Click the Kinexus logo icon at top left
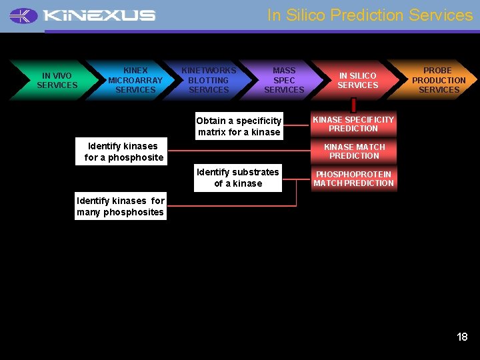[24, 15]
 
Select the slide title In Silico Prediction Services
[369, 15]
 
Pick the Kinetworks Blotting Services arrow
[209, 80]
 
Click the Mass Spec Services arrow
[283, 80]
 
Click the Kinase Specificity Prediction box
[353, 124]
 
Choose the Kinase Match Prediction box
[353, 151]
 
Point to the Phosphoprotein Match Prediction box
[353, 179]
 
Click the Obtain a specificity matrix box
[239, 126]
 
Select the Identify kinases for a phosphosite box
[124, 152]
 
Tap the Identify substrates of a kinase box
[238, 177]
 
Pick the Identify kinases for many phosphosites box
[121, 207]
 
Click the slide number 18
[462, 337]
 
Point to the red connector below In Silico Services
[353, 105]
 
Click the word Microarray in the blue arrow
[135, 80]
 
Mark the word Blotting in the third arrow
[209, 80]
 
